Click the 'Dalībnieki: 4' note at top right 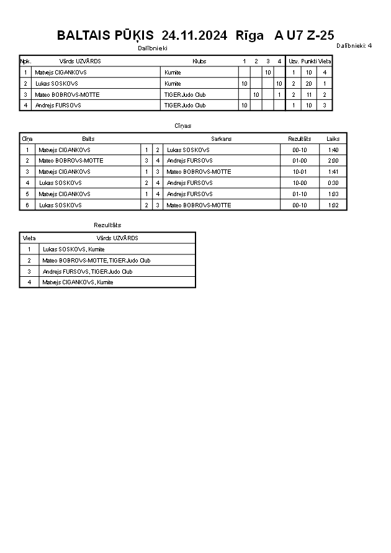point(354,45)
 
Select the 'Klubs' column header point(199,61)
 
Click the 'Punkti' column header point(309,61)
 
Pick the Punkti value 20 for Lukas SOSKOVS point(309,83)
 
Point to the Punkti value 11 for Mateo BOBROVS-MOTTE point(309,94)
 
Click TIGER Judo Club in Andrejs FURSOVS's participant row point(184,106)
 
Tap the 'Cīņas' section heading point(183,126)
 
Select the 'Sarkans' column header point(221,139)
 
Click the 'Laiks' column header point(333,139)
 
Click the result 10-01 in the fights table point(300,172)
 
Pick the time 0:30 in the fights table point(333,183)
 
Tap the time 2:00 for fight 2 point(333,161)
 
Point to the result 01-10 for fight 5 point(300,194)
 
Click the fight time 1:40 point(333,150)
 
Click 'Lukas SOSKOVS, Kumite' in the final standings point(73,250)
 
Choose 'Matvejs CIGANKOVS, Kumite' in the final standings point(78,282)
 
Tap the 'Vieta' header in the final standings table point(29,238)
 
